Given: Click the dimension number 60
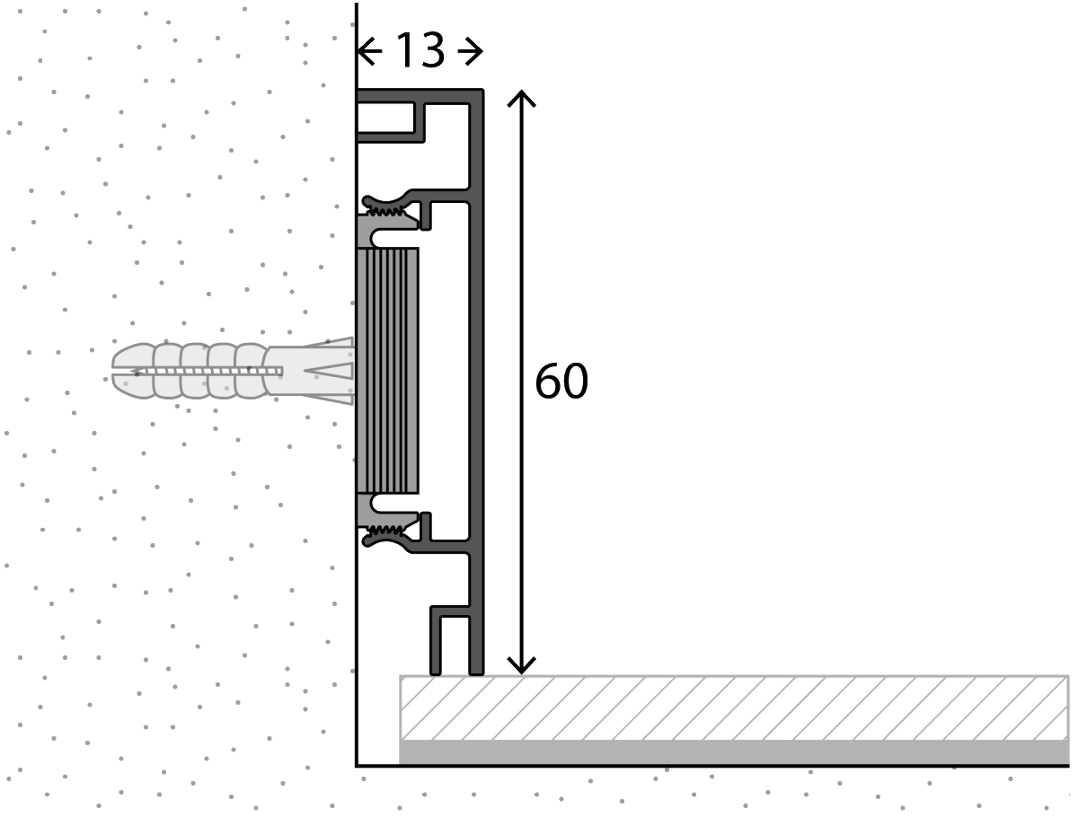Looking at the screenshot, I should click(x=561, y=382).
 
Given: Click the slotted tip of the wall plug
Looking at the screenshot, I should click(x=121, y=370).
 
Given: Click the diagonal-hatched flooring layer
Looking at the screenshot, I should click(x=732, y=707).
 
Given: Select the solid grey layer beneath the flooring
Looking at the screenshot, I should click(x=732, y=752).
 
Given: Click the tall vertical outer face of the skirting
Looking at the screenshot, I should click(x=477, y=377).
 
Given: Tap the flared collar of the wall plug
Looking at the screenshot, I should click(x=332, y=371).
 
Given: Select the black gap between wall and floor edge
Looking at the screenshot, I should click(x=377, y=718).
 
